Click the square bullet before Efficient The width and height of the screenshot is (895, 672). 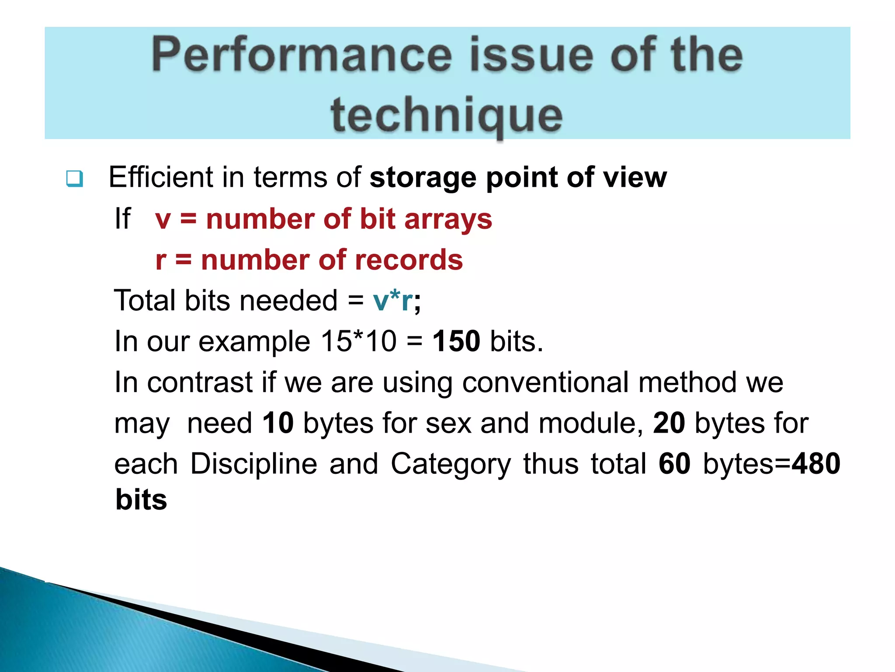(74, 178)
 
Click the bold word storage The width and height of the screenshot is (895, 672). (422, 178)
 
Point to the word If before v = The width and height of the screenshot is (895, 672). (122, 219)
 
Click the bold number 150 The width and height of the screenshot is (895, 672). (456, 341)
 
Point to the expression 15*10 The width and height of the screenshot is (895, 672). (358, 341)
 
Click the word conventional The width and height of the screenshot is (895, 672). (545, 382)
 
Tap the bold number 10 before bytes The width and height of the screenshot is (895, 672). (278, 423)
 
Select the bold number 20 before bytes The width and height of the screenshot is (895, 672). (669, 423)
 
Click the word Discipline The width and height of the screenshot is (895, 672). (253, 464)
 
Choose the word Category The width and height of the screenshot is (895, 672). (450, 465)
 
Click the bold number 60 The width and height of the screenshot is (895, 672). (674, 464)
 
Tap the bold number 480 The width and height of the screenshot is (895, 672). (816, 464)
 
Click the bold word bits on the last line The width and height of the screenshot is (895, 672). (141, 500)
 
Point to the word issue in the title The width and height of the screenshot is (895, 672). (531, 56)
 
